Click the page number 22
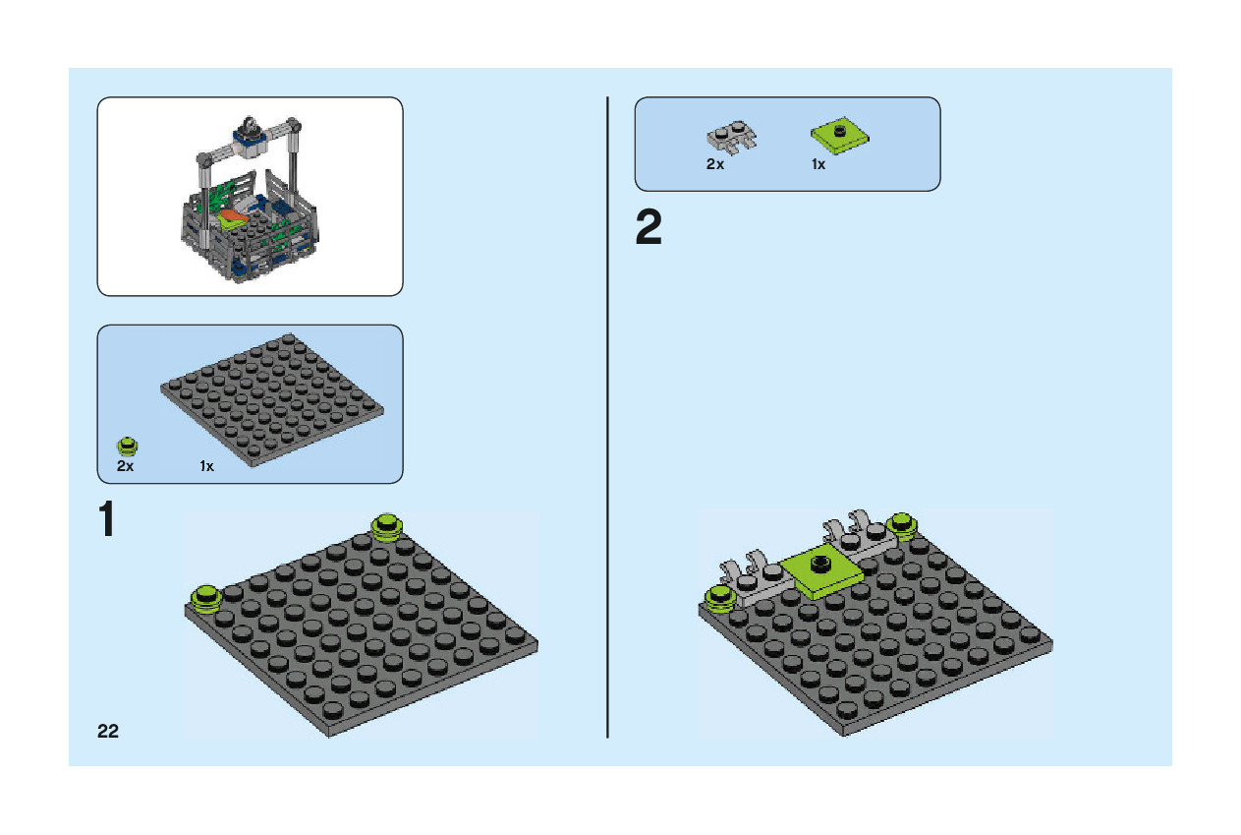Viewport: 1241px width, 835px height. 108,731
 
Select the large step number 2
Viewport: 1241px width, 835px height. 649,229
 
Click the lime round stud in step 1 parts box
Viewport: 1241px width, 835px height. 127,445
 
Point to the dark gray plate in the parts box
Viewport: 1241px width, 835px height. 272,398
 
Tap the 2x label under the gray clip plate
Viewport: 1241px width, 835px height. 715,164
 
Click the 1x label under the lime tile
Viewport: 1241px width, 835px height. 818,164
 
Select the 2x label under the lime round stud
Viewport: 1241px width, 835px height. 125,466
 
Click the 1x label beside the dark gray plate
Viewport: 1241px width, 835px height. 206,466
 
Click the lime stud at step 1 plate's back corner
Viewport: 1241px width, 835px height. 387,526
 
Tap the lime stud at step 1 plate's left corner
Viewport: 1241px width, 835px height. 206,597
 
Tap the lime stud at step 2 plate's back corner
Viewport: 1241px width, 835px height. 901,525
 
